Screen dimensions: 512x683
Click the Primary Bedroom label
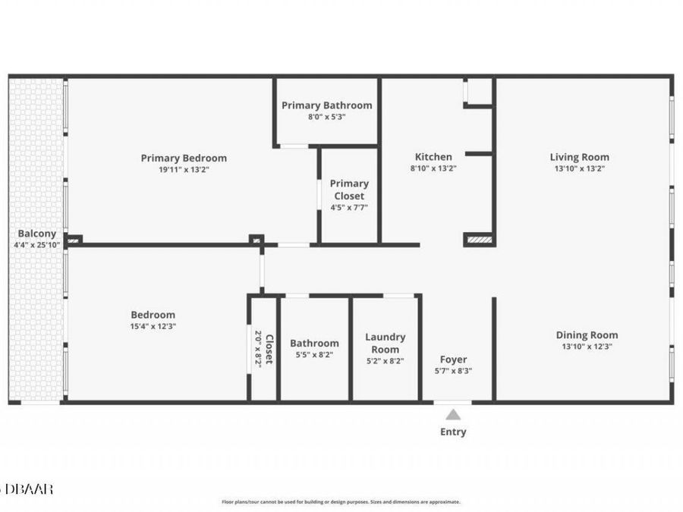pyautogui.click(x=184, y=158)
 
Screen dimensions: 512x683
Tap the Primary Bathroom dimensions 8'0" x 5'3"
pyautogui.click(x=326, y=117)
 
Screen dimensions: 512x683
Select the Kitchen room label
pyautogui.click(x=433, y=157)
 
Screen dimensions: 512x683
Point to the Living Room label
pyautogui.click(x=579, y=157)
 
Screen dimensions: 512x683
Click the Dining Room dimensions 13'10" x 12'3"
pyautogui.click(x=587, y=346)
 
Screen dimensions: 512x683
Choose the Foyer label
pyautogui.click(x=453, y=360)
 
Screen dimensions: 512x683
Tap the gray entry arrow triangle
pyautogui.click(x=453, y=415)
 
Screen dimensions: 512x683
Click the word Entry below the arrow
pyautogui.click(x=453, y=432)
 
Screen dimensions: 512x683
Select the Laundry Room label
pyautogui.click(x=385, y=343)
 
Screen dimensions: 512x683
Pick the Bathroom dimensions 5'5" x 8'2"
pyautogui.click(x=314, y=354)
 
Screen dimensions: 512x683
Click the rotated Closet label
pyautogui.click(x=269, y=349)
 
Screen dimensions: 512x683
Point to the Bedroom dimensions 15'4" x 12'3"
pyautogui.click(x=153, y=326)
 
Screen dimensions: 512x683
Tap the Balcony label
pyautogui.click(x=36, y=234)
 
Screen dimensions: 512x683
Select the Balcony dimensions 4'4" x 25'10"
pyautogui.click(x=36, y=245)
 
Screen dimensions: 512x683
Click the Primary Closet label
pyautogui.click(x=349, y=190)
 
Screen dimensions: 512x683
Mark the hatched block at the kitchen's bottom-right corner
pyautogui.click(x=480, y=240)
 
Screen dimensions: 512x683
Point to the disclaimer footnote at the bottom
pyautogui.click(x=341, y=501)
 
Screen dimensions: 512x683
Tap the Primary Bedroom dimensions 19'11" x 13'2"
pyautogui.click(x=184, y=170)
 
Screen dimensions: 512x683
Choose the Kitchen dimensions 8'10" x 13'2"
pyautogui.click(x=433, y=168)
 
